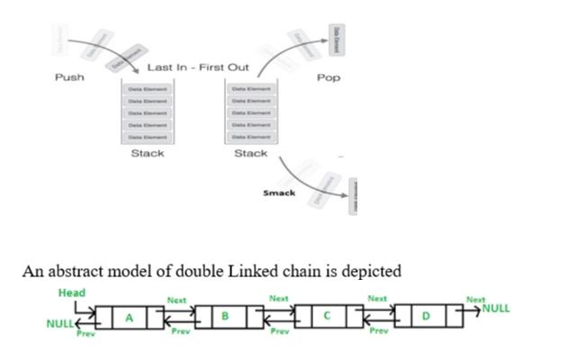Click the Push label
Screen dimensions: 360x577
click(69, 77)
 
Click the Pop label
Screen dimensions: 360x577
click(329, 78)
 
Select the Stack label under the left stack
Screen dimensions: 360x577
click(148, 153)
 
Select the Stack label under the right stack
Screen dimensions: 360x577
click(250, 153)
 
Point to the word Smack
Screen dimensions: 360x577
click(279, 193)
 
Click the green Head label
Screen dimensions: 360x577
click(72, 293)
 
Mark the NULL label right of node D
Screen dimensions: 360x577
click(495, 308)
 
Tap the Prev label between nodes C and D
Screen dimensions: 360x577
click(379, 331)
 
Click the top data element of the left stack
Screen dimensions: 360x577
click(148, 89)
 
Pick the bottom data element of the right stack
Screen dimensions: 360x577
click(250, 136)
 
